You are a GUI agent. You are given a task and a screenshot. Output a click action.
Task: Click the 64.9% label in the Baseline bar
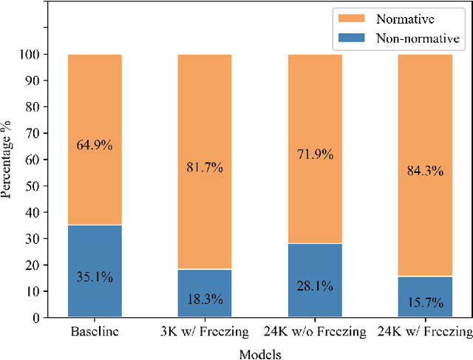click(95, 146)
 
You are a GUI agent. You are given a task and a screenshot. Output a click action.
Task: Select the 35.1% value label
click(95, 278)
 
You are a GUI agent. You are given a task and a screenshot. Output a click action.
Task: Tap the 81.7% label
click(205, 168)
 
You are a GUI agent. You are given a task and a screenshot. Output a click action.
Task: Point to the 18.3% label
click(205, 300)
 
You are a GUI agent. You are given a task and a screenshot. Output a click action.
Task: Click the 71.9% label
click(315, 154)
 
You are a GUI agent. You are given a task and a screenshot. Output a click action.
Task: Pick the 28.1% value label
click(315, 287)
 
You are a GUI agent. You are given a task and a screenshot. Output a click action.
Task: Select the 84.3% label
click(425, 171)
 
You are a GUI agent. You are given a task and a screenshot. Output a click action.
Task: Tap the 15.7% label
click(425, 303)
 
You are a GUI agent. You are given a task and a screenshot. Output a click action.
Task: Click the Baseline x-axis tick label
click(95, 332)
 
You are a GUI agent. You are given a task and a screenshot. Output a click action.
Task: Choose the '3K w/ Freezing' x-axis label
click(205, 332)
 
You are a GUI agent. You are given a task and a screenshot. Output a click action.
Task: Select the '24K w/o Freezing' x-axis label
click(315, 332)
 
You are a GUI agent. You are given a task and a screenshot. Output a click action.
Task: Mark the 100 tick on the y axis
click(33, 55)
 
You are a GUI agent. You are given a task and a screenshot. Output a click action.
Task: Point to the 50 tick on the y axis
click(35, 186)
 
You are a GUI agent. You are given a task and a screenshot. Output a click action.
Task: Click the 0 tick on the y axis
click(38, 318)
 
